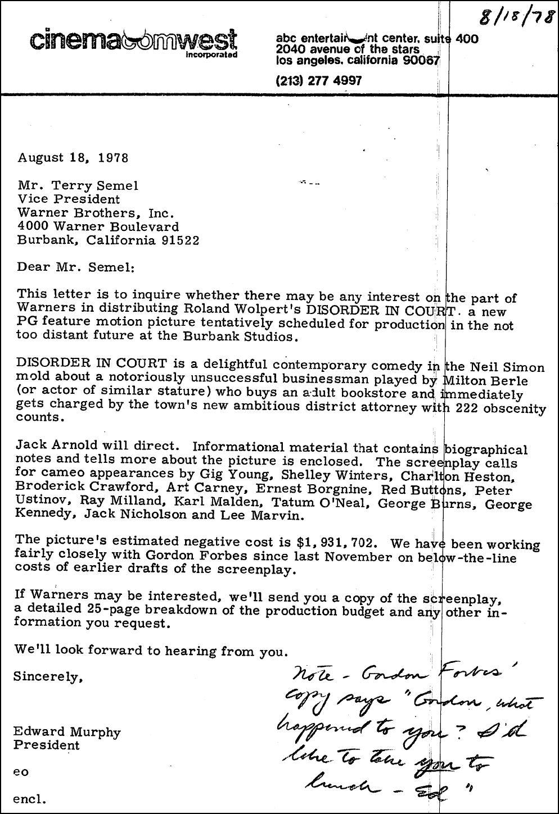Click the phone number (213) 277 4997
319,81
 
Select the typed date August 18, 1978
73,157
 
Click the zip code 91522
179,240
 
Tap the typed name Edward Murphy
67,733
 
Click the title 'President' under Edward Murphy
48,745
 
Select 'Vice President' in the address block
69,199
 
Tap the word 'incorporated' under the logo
211,56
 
